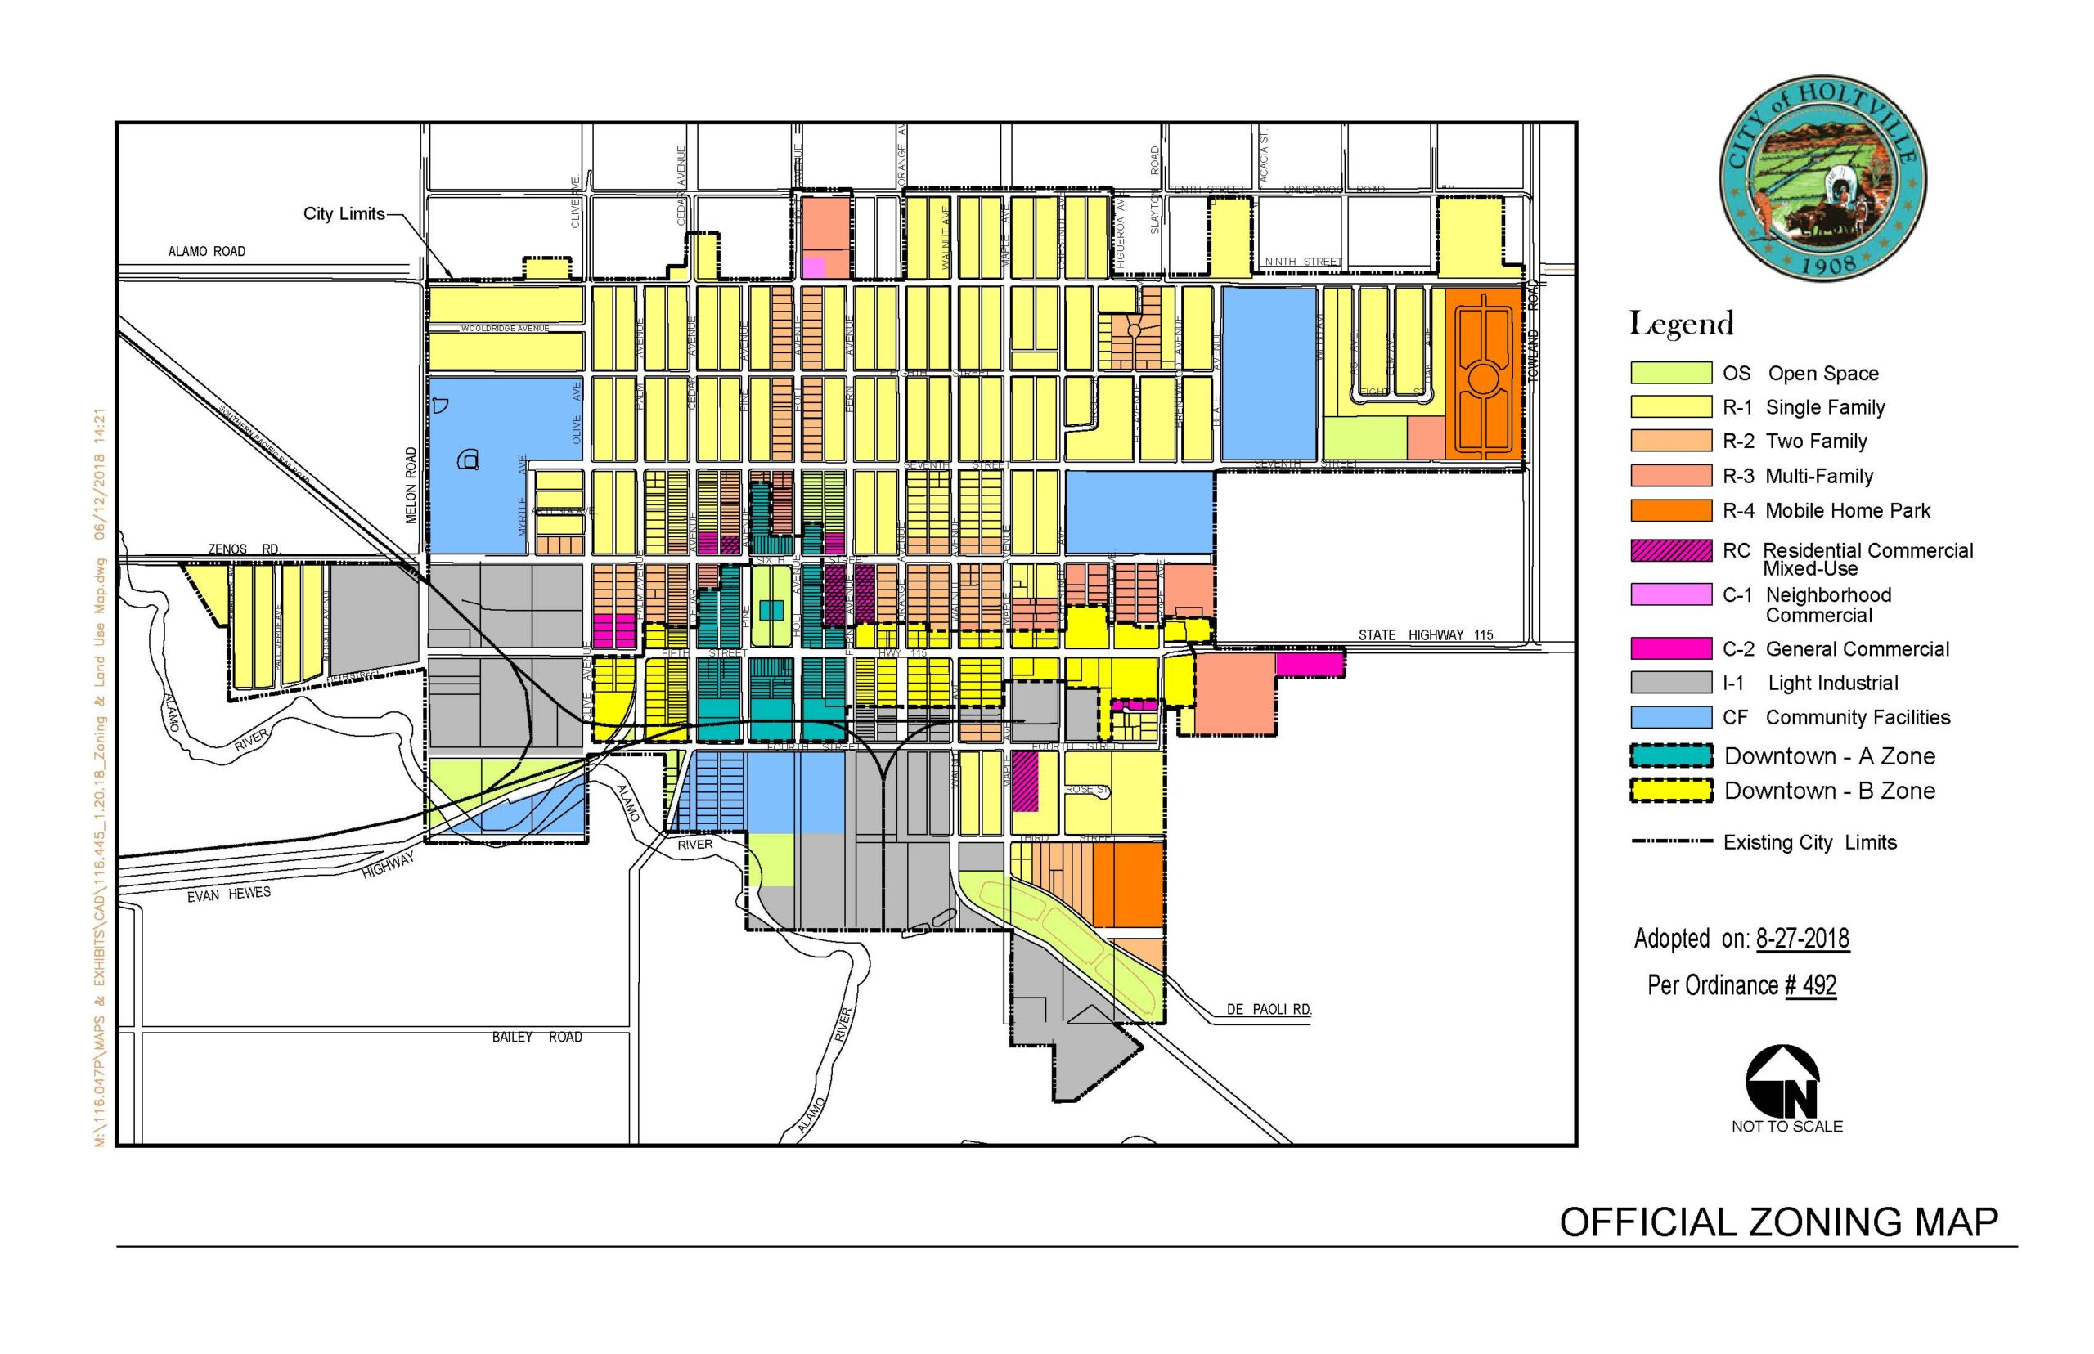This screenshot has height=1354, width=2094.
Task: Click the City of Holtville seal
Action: [x=1822, y=178]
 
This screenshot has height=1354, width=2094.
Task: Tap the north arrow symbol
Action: [x=1782, y=1081]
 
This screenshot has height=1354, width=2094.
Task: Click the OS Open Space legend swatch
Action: [x=1670, y=373]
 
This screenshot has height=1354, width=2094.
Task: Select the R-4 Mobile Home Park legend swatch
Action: [x=1670, y=511]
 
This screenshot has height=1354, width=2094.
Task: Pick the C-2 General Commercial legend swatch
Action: [x=1670, y=649]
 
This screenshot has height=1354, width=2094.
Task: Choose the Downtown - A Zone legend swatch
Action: [x=1670, y=756]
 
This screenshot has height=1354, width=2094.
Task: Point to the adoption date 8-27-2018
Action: [x=1802, y=939]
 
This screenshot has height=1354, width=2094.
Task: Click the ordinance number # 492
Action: [x=1810, y=984]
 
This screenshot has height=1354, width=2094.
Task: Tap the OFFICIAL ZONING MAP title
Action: [x=1778, y=1222]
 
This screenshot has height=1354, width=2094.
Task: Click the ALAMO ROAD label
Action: [x=207, y=252]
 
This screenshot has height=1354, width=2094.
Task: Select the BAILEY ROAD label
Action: [x=537, y=1038]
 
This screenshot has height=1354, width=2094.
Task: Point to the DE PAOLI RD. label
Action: [x=1268, y=1009]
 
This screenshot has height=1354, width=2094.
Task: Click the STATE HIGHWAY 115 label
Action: [x=1425, y=634]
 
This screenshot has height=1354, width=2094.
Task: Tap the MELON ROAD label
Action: [x=411, y=486]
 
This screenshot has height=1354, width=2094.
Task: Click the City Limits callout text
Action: [x=344, y=213]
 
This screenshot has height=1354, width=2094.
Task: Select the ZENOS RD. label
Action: [x=244, y=549]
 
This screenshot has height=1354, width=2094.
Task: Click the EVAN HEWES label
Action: [x=229, y=894]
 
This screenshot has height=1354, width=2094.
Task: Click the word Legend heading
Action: [x=1681, y=325]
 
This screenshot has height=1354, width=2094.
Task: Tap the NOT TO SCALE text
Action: [x=1786, y=1126]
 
